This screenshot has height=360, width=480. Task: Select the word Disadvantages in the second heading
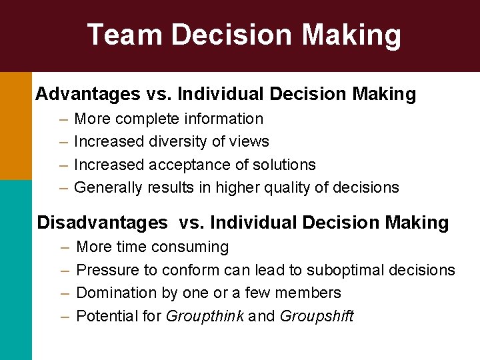102,222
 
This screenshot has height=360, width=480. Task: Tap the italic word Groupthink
205,316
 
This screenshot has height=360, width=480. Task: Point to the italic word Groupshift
317,316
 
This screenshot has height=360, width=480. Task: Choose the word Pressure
107,270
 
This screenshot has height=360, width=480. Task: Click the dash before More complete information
62,119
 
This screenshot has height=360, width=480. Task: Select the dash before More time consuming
65,247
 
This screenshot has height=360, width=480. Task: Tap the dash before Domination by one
65,293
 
